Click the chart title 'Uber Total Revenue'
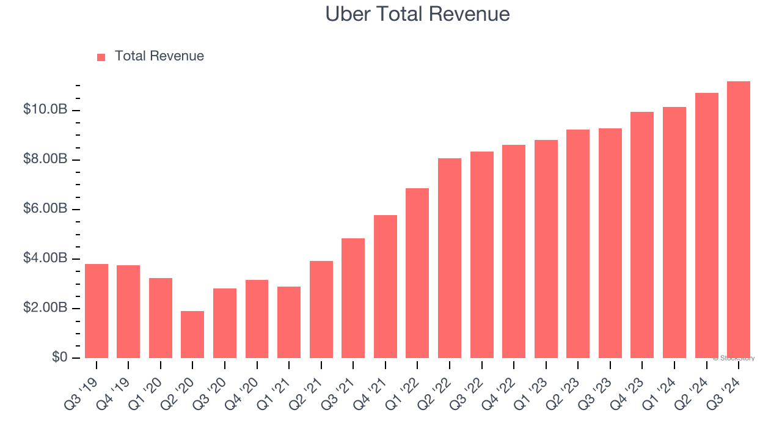coord(417,13)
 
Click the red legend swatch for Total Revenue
coord(101,57)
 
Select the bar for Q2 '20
coord(192,334)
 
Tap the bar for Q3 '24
coord(738,219)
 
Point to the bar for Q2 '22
coord(450,258)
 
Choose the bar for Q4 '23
coord(642,235)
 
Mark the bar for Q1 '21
coord(289,322)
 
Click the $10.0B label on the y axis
coord(45,110)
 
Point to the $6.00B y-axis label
coord(45,209)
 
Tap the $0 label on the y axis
coord(59,358)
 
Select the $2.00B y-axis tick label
coord(45,308)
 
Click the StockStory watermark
coord(734,358)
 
